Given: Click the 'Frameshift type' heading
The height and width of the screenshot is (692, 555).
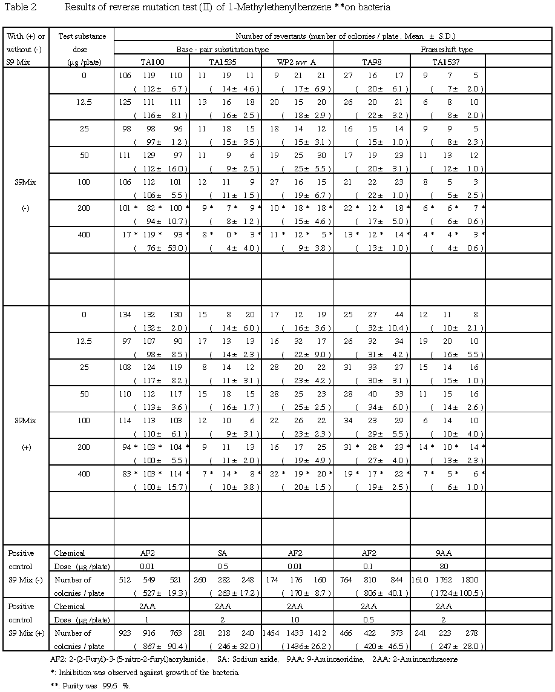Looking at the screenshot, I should tap(448, 49).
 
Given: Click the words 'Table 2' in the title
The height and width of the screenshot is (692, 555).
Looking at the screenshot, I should tap(16, 8).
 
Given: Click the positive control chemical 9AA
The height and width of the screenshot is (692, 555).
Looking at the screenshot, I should tap(447, 553).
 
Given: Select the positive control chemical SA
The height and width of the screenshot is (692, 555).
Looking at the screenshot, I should tap(225, 553).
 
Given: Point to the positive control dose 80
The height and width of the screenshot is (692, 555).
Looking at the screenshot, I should tap(447, 566).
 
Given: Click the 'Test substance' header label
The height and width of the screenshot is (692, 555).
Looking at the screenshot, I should tap(82, 36).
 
